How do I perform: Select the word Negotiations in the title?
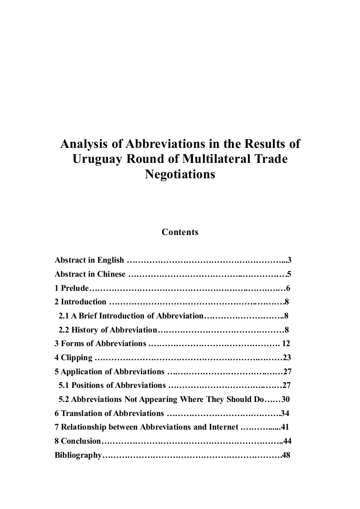180,174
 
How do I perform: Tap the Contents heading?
180,232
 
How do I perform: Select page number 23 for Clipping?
286,357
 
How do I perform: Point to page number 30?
286,399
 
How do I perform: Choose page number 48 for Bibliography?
286,455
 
